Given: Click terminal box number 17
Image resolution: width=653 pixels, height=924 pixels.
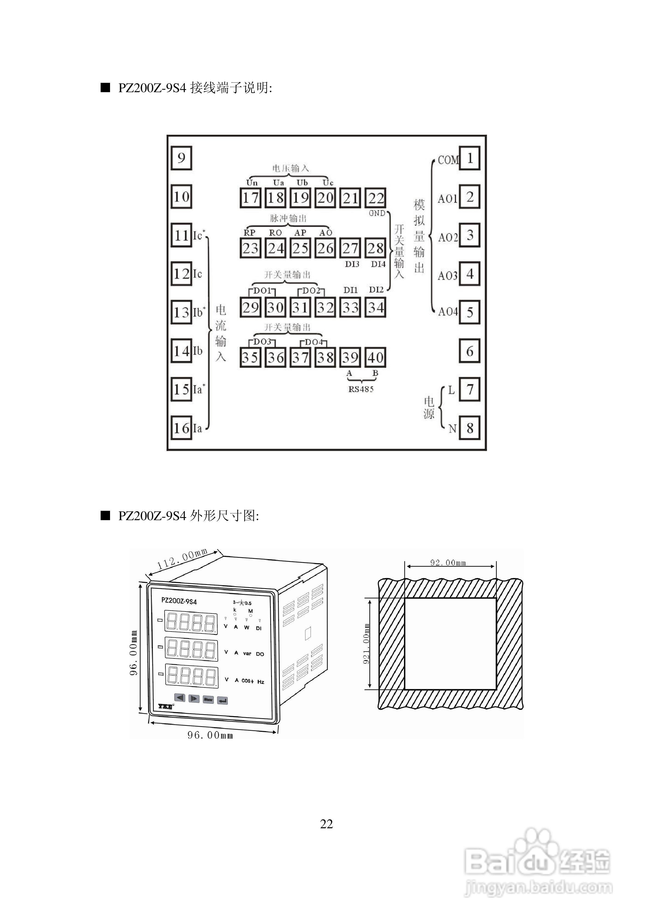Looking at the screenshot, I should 250,198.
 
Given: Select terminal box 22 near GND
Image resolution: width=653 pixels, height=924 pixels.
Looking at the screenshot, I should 376,198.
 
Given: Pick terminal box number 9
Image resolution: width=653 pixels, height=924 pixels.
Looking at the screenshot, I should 181,158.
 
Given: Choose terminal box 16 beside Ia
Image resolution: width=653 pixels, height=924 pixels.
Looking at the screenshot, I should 181,428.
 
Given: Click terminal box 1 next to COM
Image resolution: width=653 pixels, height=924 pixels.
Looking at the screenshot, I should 470,158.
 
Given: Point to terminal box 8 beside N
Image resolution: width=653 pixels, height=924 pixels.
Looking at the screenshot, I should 470,428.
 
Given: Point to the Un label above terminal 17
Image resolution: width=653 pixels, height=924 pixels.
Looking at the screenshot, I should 252,183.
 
